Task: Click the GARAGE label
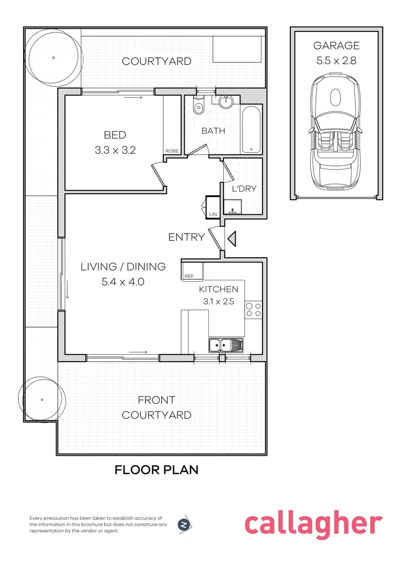(336, 46)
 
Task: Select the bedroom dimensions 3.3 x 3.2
(115, 150)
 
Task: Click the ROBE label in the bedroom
(172, 151)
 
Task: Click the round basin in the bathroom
(226, 101)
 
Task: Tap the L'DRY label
(244, 188)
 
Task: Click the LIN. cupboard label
(213, 214)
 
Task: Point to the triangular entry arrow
(232, 239)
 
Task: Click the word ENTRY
(186, 237)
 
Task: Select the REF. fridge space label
(189, 276)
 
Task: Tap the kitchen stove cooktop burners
(254, 310)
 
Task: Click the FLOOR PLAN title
(156, 469)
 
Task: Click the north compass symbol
(184, 524)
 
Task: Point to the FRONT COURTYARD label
(156, 407)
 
